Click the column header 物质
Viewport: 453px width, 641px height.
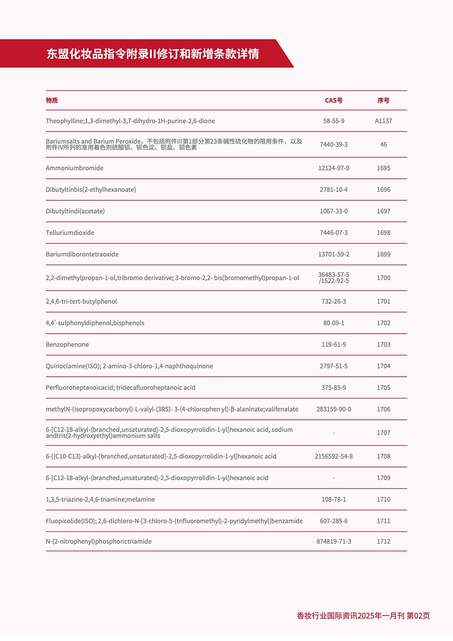[52, 101]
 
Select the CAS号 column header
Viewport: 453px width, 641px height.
[333, 101]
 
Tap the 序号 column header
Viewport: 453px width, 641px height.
[383, 101]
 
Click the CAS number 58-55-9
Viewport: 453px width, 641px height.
[333, 121]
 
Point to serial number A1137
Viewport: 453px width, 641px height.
[383, 121]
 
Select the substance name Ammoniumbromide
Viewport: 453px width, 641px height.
[74, 168]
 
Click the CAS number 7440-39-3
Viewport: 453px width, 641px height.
[333, 145]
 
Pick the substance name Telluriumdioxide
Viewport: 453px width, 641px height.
[70, 233]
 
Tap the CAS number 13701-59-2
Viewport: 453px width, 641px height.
[333, 254]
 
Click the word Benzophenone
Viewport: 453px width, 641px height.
[67, 345]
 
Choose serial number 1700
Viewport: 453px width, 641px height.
[383, 278]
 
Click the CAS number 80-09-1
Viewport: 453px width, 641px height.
[333, 323]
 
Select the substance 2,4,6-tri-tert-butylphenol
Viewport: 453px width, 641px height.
[81, 301]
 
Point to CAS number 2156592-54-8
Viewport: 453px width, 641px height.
[333, 456]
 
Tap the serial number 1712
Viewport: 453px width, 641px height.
[383, 542]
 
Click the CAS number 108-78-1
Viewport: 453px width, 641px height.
[333, 500]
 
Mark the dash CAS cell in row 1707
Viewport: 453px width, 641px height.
[334, 433]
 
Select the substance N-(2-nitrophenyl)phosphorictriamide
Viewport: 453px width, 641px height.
[98, 542]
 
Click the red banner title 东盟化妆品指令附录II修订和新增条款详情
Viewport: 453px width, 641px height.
[153, 54]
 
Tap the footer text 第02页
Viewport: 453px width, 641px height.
[418, 616]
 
